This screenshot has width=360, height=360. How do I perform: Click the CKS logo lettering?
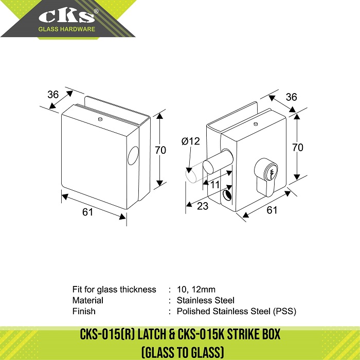[66, 16]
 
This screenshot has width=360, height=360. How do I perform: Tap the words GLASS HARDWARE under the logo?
[66, 29]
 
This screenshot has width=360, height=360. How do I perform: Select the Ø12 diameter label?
[191, 141]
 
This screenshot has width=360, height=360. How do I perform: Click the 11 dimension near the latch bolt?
[215, 185]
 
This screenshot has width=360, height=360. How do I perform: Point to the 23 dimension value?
[203, 206]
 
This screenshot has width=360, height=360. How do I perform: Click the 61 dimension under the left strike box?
[88, 212]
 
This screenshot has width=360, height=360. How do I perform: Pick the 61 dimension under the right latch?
[272, 210]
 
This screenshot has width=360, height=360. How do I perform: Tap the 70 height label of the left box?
[160, 150]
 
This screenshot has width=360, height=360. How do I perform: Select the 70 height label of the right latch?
[298, 148]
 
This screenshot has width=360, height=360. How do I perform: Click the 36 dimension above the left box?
[53, 95]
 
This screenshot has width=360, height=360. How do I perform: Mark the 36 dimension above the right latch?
[292, 97]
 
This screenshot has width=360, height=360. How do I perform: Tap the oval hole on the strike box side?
[133, 156]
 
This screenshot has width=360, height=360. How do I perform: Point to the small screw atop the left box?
[100, 119]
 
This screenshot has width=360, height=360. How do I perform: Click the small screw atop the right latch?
[256, 124]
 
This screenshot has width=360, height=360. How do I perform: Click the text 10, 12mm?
[196, 289]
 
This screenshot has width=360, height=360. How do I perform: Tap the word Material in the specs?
[88, 300]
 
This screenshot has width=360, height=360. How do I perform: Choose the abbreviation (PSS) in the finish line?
[284, 311]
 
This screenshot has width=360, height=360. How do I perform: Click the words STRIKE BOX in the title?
[254, 334]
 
